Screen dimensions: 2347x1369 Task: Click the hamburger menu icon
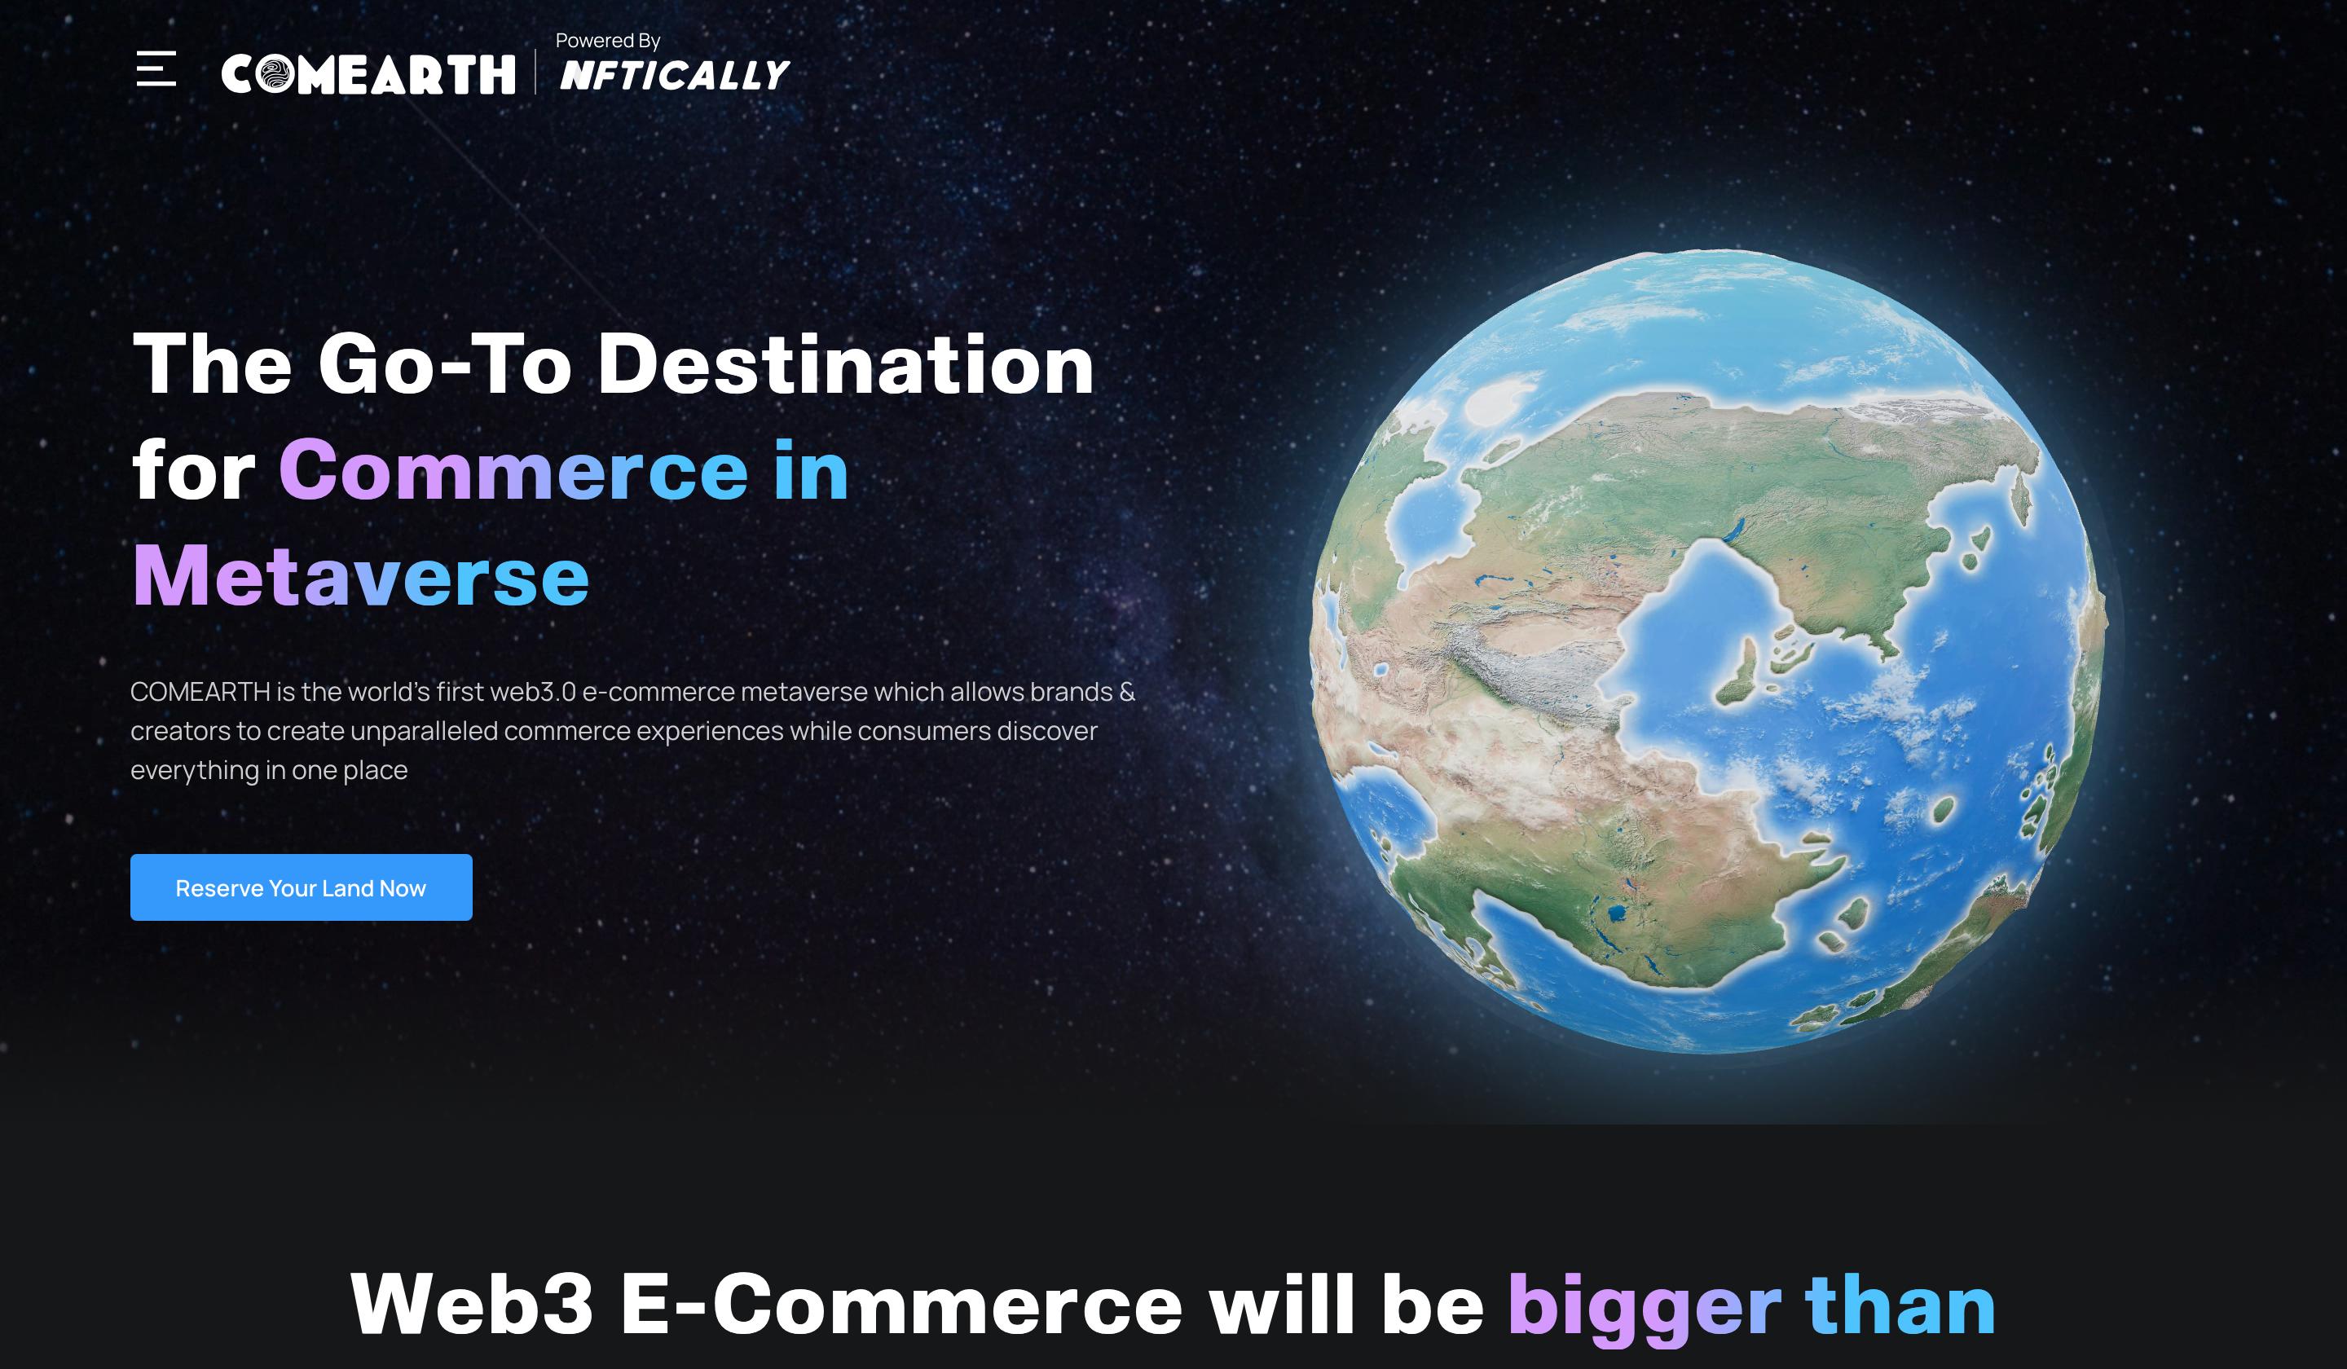pos(156,69)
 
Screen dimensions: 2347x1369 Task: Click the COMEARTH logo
pos(368,74)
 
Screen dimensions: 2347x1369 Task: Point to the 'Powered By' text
pos(607,41)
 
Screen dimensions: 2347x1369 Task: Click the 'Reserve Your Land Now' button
pos(301,887)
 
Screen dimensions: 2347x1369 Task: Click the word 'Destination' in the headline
pos(845,364)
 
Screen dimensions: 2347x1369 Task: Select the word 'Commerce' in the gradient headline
pos(513,470)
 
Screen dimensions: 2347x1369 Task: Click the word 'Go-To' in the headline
pos(445,364)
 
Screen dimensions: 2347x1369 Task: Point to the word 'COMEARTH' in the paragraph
pos(200,692)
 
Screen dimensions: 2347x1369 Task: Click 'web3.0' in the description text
pos(533,692)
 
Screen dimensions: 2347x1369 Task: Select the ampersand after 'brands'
pos(1127,692)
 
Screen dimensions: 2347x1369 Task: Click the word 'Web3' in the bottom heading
pos(471,1304)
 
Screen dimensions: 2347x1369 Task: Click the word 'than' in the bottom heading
pos(1900,1303)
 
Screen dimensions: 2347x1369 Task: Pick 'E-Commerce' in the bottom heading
pos(901,1304)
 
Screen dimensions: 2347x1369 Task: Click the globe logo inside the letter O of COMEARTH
pos(275,74)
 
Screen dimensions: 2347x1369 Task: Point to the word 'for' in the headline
pos(194,470)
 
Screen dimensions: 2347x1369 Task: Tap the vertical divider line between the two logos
pos(535,73)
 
